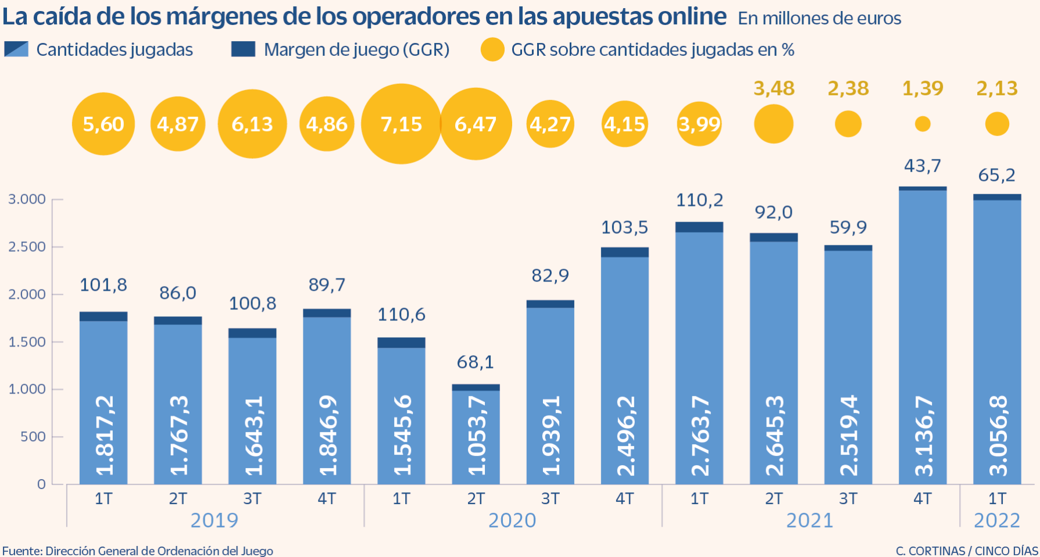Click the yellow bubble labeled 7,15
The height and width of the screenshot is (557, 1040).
(401, 124)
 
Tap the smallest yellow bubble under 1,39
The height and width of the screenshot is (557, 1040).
(923, 124)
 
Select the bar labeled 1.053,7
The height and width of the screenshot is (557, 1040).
(476, 436)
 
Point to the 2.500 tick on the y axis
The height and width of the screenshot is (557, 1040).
(27, 247)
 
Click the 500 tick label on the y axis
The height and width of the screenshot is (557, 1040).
(33, 437)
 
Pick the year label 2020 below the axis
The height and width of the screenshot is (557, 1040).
(512, 520)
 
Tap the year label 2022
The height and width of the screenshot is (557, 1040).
(997, 520)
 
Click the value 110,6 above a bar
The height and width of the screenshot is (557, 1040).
(401, 315)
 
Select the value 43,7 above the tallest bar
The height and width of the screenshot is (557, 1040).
(922, 166)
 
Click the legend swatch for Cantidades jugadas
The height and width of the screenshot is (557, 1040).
(16, 49)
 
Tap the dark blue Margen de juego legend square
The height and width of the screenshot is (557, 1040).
(243, 49)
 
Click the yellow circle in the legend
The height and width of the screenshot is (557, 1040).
(492, 50)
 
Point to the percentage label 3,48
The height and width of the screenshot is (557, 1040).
(774, 88)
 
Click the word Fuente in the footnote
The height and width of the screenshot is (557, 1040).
(21, 551)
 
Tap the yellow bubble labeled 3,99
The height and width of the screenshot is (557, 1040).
(699, 124)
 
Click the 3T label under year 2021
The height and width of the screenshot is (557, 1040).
(848, 499)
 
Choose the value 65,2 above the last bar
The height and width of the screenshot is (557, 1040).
(996, 175)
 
